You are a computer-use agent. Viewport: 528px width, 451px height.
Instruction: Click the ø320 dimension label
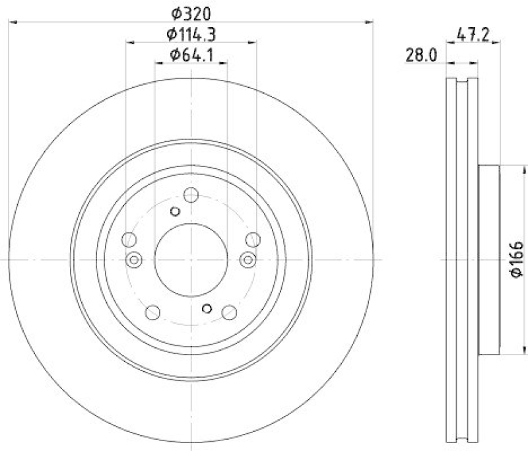[x=191, y=13]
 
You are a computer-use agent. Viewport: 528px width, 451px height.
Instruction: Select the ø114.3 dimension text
[x=191, y=34]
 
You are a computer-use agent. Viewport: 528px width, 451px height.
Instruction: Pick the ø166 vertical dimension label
[x=516, y=259]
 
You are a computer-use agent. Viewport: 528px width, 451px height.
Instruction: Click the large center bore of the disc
[x=191, y=259]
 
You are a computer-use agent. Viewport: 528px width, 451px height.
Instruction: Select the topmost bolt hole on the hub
[x=191, y=195]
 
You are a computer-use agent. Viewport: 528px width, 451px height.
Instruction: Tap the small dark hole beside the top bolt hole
[x=175, y=211]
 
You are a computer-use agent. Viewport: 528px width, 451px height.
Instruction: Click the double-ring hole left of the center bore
[x=134, y=259]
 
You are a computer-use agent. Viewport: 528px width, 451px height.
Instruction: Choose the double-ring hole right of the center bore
[x=248, y=259]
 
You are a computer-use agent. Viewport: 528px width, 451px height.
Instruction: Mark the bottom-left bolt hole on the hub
[x=152, y=312]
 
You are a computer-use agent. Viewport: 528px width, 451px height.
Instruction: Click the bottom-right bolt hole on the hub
[x=229, y=312]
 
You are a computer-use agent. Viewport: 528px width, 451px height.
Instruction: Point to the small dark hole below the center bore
[x=207, y=308]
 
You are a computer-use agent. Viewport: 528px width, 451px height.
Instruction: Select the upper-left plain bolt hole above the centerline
[x=129, y=239]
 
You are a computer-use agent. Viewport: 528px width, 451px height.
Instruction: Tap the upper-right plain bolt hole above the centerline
[x=252, y=239]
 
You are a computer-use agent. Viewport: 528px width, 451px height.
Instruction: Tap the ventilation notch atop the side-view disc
[x=462, y=82]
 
